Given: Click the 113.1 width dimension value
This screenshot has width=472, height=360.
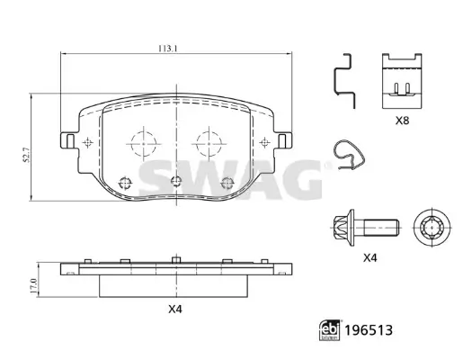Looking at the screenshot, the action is click(168, 49).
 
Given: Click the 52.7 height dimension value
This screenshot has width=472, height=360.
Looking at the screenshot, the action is click(27, 155).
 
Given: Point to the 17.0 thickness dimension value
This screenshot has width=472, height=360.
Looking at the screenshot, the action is click(33, 286).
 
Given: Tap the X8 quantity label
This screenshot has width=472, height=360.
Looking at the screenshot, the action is click(402, 121).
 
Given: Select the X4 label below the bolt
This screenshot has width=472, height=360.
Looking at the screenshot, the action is click(370, 258).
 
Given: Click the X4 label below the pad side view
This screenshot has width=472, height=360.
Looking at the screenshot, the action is click(175, 309).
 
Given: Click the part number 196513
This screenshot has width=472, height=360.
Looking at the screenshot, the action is click(369, 330).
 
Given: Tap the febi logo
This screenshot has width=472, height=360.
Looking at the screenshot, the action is click(329, 330).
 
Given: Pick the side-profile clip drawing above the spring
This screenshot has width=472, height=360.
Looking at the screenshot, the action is click(345, 81).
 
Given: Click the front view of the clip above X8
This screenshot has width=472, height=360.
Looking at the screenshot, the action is click(402, 81).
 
